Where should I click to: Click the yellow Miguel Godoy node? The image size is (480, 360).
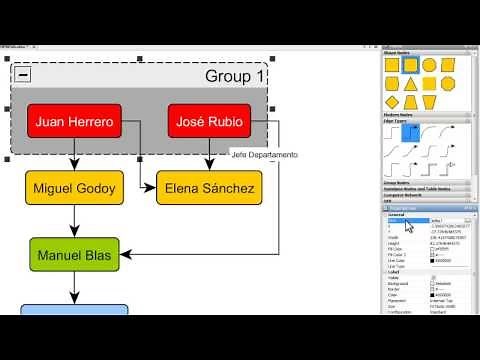[74, 187]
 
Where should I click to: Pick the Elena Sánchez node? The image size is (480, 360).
[209, 187]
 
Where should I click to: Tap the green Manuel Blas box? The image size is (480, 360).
[74, 255]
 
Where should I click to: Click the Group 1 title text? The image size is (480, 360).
[235, 75]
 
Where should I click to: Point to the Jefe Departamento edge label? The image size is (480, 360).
[264, 155]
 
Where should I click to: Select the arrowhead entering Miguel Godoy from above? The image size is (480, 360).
[74, 167]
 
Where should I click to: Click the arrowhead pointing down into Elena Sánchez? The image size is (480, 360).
[209, 167]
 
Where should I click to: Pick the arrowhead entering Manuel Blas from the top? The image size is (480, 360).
[74, 235]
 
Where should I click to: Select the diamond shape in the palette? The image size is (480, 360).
[391, 102]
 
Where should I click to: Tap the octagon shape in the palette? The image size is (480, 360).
[448, 84]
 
